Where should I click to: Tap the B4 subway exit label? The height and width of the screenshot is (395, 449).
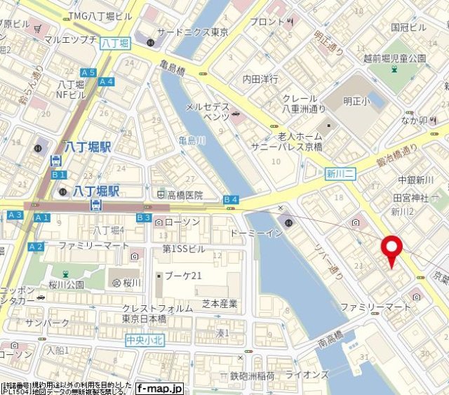tap(231, 200)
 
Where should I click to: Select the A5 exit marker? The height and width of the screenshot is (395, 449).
tap(88, 72)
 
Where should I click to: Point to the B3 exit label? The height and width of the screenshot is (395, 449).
tap(143, 218)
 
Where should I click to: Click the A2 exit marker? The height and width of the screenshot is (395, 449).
tap(36, 246)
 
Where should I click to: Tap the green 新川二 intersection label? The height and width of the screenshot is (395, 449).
tap(341, 173)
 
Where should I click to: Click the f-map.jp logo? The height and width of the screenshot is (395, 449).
tap(159, 388)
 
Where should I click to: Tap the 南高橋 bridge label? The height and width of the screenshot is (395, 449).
tap(330, 339)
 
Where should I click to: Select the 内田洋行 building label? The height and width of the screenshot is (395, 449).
tap(260, 79)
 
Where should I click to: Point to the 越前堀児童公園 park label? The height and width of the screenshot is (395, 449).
tap(398, 58)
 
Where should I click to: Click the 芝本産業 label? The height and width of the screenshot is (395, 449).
tap(220, 304)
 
